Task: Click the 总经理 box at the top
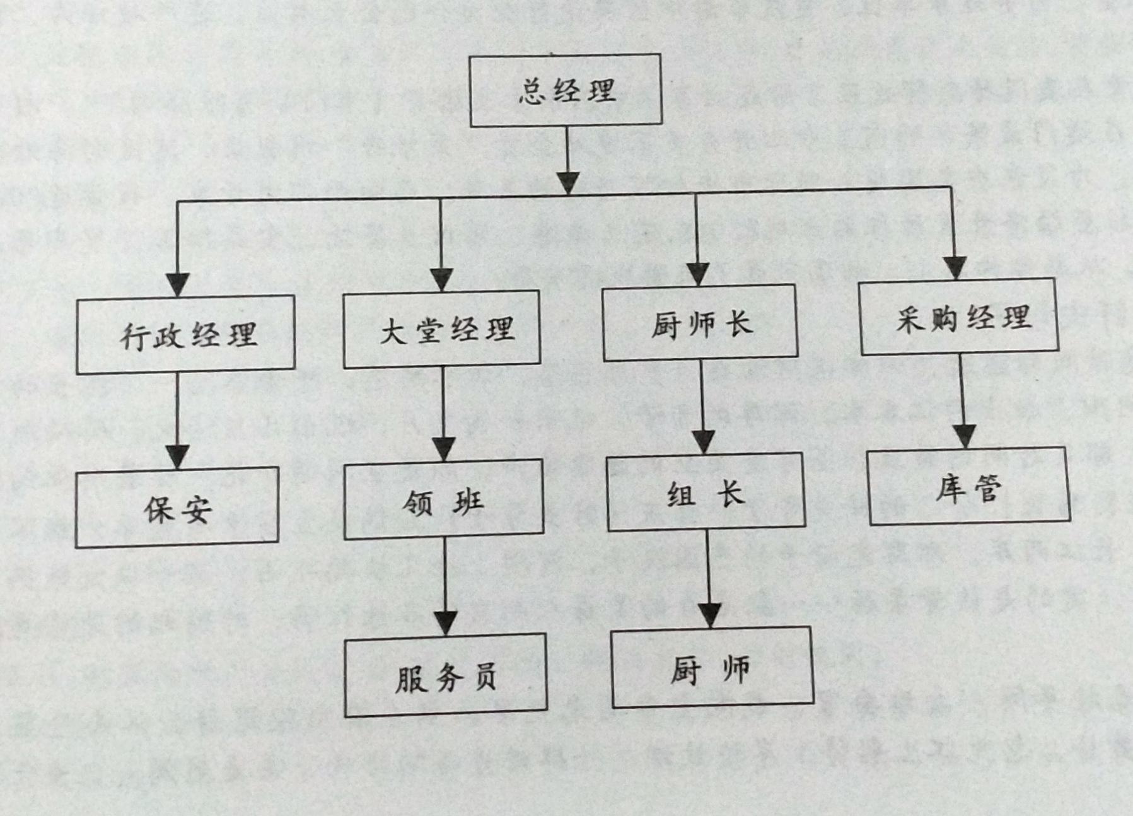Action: [x=566, y=90]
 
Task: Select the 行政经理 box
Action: [x=186, y=334]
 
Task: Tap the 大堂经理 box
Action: [x=441, y=329]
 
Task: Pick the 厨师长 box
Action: [x=700, y=323]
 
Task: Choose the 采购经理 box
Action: [x=960, y=316]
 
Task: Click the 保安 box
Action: [x=177, y=508]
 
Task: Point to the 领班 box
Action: [x=443, y=499]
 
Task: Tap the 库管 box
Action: [x=969, y=486]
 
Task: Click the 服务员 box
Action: [x=445, y=675]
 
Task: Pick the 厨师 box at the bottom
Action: [x=712, y=667]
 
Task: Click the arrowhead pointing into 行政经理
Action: [x=178, y=284]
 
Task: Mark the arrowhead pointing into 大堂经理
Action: [x=441, y=279]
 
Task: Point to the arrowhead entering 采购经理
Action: [x=956, y=267]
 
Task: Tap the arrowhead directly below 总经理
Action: [x=568, y=182]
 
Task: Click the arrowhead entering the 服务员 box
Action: [x=446, y=623]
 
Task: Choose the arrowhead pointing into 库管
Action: [x=965, y=436]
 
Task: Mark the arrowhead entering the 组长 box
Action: [x=704, y=441]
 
